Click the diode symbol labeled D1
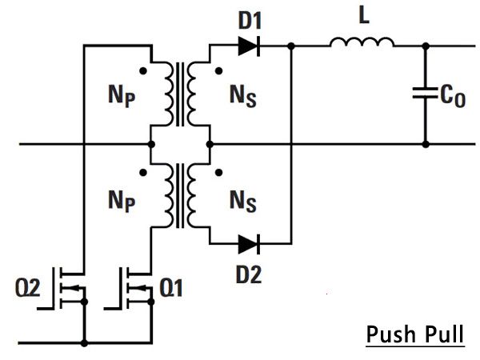point(249,46)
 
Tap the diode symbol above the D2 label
point(249,244)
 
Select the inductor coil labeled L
point(362,42)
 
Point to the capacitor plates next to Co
point(426,93)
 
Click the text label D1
point(250,21)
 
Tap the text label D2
point(249,274)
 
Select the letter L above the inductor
point(364,15)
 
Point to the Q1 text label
point(171,288)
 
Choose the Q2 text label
point(28,288)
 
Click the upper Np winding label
point(122,95)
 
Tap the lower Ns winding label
point(243,201)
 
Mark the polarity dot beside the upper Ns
point(218,71)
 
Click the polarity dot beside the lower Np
point(143,173)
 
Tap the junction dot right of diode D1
point(291,46)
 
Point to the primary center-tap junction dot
point(151,144)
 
